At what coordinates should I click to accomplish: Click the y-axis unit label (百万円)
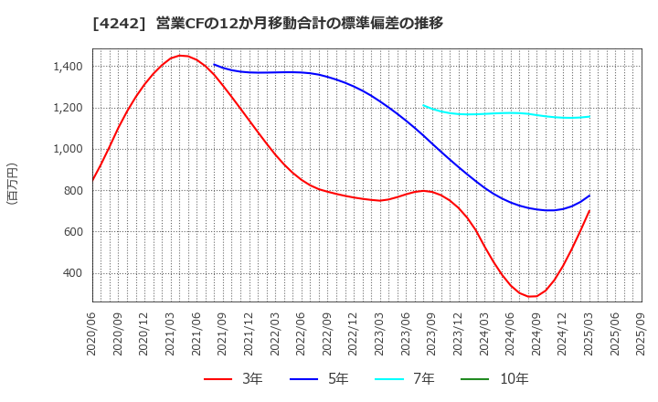pos(12,183)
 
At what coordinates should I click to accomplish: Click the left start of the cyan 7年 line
pos(423,105)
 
